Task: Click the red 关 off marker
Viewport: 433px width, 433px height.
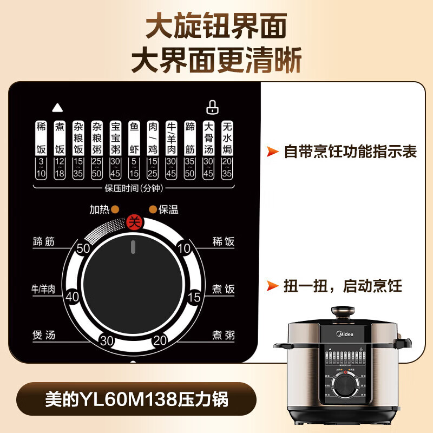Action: pyautogui.click(x=133, y=221)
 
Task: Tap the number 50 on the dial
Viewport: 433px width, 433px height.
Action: pyautogui.click(x=83, y=250)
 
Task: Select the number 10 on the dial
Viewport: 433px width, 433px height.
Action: pyautogui.click(x=184, y=249)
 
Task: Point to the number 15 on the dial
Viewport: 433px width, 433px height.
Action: pyautogui.click(x=194, y=297)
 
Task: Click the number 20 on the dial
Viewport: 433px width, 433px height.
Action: pyautogui.click(x=160, y=340)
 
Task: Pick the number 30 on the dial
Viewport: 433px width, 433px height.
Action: pyautogui.click(x=107, y=340)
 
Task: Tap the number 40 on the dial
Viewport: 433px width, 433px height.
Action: pyautogui.click(x=73, y=297)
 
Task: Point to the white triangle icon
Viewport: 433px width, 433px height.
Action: pyautogui.click(x=56, y=107)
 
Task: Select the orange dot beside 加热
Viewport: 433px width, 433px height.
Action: pyautogui.click(x=115, y=209)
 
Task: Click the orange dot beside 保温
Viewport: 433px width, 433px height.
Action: pyautogui.click(x=153, y=209)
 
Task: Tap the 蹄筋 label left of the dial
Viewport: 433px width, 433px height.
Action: pyautogui.click(x=43, y=242)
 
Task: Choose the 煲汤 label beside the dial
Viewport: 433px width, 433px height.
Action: pyautogui.click(x=43, y=336)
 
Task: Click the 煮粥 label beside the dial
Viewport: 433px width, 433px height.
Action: pyautogui.click(x=223, y=336)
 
